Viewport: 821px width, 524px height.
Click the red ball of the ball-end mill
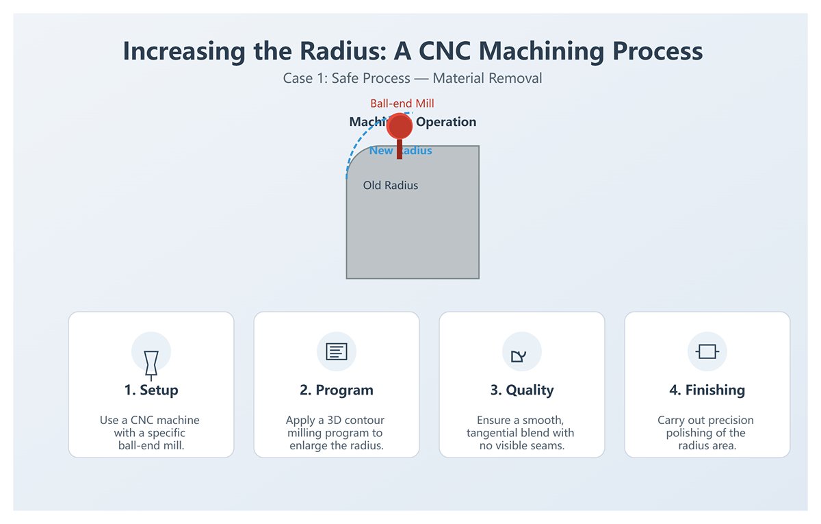tap(399, 127)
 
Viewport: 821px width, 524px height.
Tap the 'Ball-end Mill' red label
tap(402, 103)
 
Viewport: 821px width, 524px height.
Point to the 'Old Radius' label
tap(390, 186)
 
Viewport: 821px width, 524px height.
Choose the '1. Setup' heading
tap(151, 390)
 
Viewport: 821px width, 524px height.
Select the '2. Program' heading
tap(337, 390)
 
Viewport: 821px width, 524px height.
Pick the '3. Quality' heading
tap(522, 390)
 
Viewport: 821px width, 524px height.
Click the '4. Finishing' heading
tap(707, 390)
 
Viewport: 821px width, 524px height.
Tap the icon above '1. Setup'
tap(151, 363)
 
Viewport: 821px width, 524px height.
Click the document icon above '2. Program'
tap(337, 352)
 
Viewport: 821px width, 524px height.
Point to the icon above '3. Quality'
tap(519, 355)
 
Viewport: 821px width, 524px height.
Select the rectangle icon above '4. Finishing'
tap(707, 352)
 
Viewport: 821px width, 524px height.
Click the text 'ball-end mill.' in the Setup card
tap(151, 446)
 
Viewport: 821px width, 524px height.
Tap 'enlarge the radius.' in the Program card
tap(336, 446)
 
